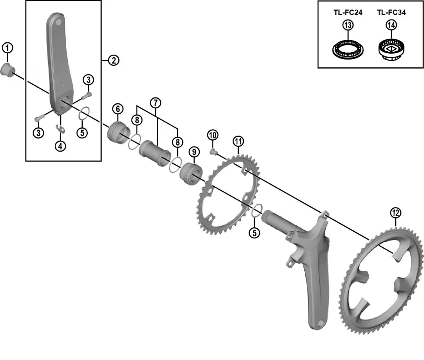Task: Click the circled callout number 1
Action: coord(7,48)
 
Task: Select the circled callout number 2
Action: coord(113,61)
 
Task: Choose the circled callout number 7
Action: coord(156,102)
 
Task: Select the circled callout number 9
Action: coord(194,152)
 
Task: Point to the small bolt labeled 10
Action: coord(213,151)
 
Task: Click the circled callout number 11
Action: coord(238,141)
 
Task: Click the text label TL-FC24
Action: coord(347,13)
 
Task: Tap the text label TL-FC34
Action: coord(391,13)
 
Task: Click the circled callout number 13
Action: coord(348,25)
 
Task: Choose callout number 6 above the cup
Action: coord(117,108)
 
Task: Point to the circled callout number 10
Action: coord(213,135)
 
